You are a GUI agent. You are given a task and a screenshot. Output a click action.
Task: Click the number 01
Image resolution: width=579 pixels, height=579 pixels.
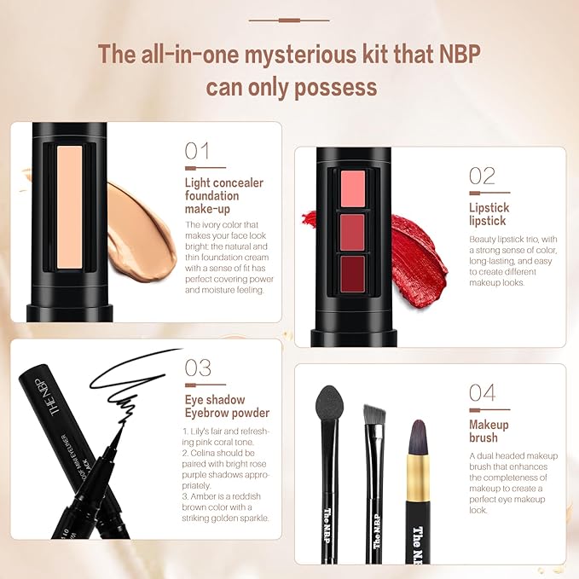click(197, 151)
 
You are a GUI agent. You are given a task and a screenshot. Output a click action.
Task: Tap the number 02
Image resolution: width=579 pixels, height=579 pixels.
click(482, 176)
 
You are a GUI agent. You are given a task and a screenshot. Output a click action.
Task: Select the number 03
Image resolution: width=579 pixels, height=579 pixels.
click(198, 368)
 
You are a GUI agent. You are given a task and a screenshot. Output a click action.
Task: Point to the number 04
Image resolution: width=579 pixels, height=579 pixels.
click(482, 392)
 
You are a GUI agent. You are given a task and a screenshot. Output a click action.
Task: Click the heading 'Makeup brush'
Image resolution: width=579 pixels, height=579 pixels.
click(489, 431)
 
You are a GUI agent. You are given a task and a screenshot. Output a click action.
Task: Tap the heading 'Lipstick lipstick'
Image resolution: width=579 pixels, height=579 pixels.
click(489, 213)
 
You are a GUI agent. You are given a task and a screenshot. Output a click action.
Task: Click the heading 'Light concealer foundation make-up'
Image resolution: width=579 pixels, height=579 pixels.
click(223, 195)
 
